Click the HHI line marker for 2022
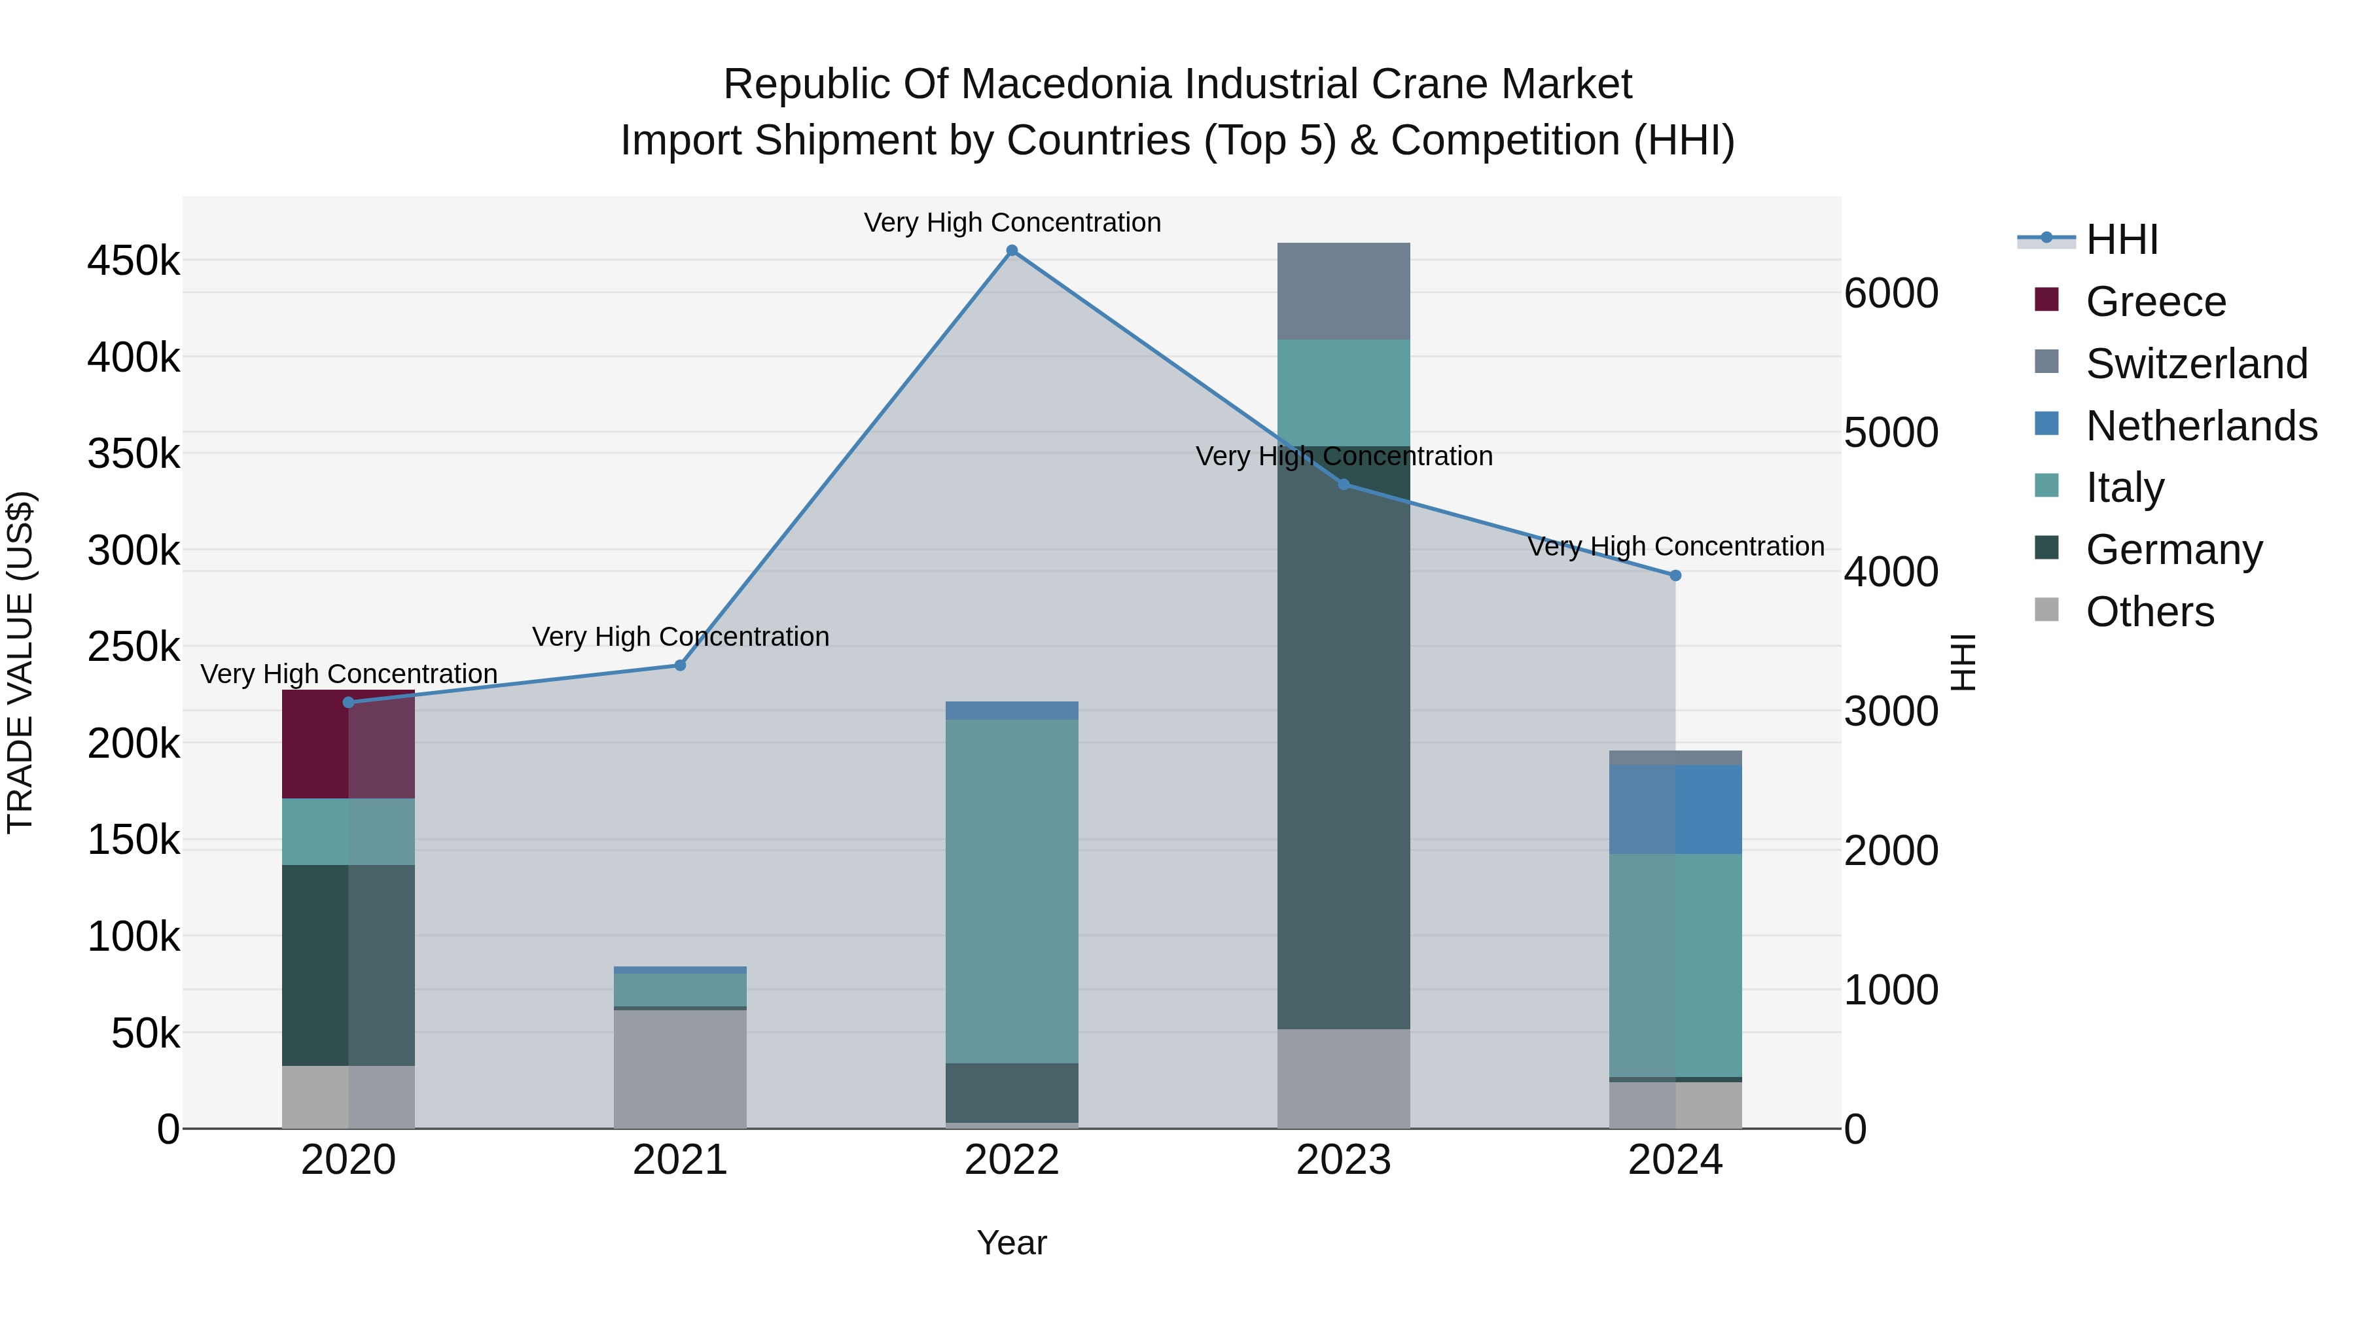click(1012, 251)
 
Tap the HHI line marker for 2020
click(348, 702)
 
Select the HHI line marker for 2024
click(1675, 576)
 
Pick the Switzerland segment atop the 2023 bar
click(1344, 291)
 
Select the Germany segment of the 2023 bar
click(1344, 737)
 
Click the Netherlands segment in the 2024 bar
click(1675, 809)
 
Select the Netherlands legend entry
click(2200, 426)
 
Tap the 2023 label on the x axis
click(1344, 1160)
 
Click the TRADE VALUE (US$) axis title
click(20, 662)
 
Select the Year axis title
click(1012, 1243)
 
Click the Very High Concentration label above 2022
click(1012, 222)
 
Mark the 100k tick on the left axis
click(134, 937)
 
